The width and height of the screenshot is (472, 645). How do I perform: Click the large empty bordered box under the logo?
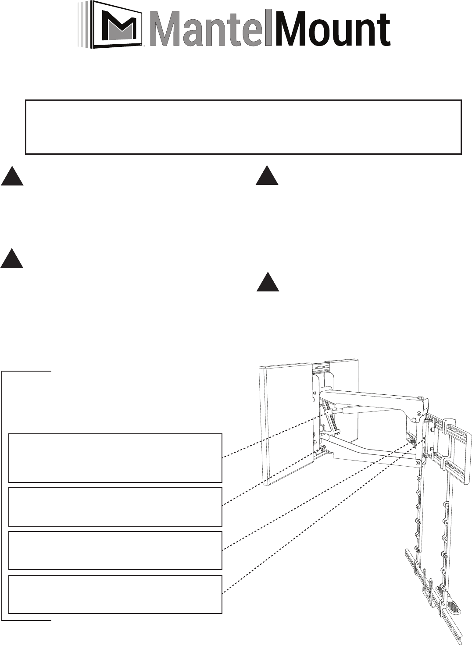243,127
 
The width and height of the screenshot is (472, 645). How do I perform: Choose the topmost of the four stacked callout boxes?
115,458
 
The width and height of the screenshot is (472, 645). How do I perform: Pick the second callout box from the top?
115,507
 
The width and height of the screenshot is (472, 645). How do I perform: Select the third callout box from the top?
115,550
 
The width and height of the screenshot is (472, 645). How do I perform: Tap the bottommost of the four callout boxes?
115,594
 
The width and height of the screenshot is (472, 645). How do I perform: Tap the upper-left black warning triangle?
12,176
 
